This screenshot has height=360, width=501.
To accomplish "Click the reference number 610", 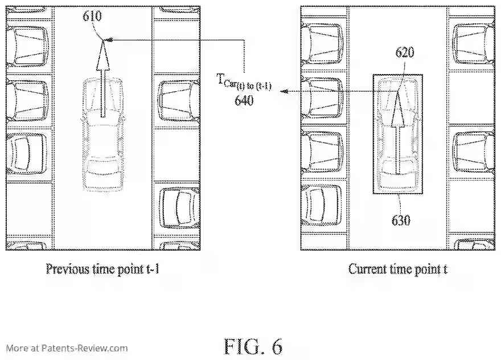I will click(93, 16).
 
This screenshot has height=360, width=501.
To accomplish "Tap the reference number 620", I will click(405, 52).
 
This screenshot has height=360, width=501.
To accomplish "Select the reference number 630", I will click(401, 220).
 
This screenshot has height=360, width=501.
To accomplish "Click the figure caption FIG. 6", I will click(253, 346).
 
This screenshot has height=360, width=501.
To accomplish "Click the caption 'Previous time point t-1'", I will click(102, 268).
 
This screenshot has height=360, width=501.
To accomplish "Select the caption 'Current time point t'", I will click(398, 268).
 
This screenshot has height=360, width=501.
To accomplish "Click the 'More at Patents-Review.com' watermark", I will click(67, 348).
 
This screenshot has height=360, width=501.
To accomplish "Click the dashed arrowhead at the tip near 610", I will click(109, 39).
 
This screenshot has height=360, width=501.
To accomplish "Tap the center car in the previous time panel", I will click(103, 134).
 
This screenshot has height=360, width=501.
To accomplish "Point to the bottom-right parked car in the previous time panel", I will click(178, 207).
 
